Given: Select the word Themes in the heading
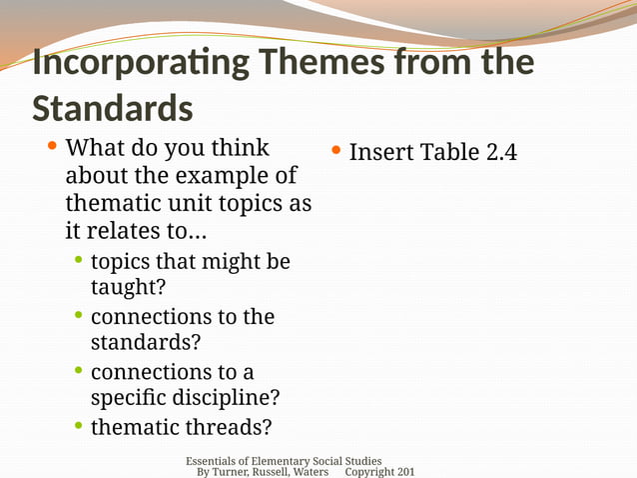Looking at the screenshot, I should pyautogui.click(x=320, y=63).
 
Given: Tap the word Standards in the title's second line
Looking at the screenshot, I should pyautogui.click(x=112, y=107).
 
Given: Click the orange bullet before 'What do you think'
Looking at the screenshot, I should pyautogui.click(x=52, y=148).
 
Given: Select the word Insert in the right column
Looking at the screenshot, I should pyautogui.click(x=380, y=153).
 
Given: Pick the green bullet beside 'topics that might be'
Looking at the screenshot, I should pyautogui.click(x=79, y=261).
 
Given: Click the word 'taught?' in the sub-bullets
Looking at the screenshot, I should pyautogui.click(x=128, y=287).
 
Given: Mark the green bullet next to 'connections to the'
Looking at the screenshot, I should pyautogui.click(x=79, y=316).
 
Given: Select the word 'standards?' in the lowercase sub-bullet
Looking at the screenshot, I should pyautogui.click(x=145, y=342).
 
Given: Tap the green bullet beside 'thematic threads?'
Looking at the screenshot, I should pyautogui.click(x=79, y=427).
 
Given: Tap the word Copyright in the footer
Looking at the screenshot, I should pyautogui.click(x=369, y=472).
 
